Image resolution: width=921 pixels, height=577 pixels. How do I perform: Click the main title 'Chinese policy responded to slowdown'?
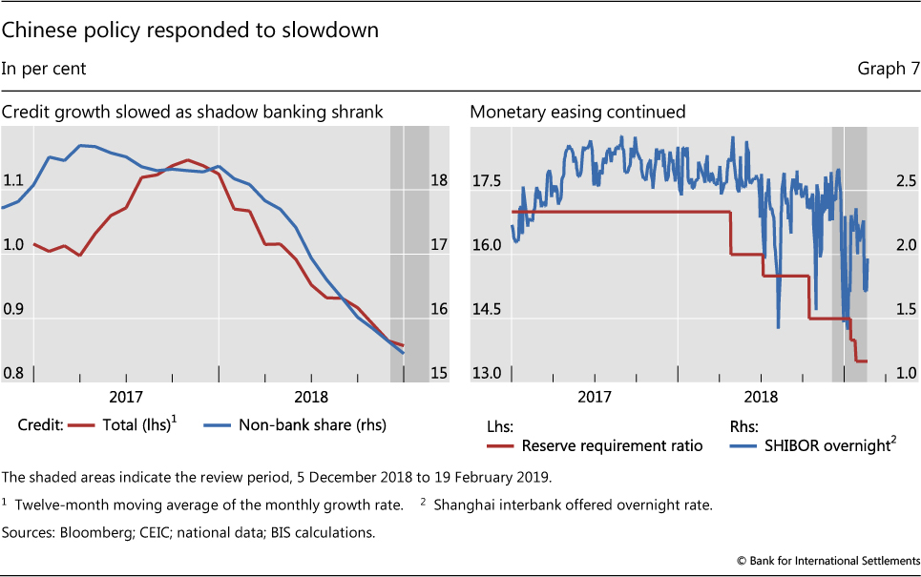coord(190,31)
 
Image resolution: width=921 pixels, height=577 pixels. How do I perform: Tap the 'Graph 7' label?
coord(889,69)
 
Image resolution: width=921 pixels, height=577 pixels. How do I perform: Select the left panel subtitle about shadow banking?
coord(192,113)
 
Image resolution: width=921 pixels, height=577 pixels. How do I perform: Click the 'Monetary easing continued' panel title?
coord(577,113)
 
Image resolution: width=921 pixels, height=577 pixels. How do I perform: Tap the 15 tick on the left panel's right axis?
coord(440,374)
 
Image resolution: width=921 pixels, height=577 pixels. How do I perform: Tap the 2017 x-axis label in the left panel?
coord(126,396)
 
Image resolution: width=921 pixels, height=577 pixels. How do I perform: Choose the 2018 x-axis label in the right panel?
coord(762,396)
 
